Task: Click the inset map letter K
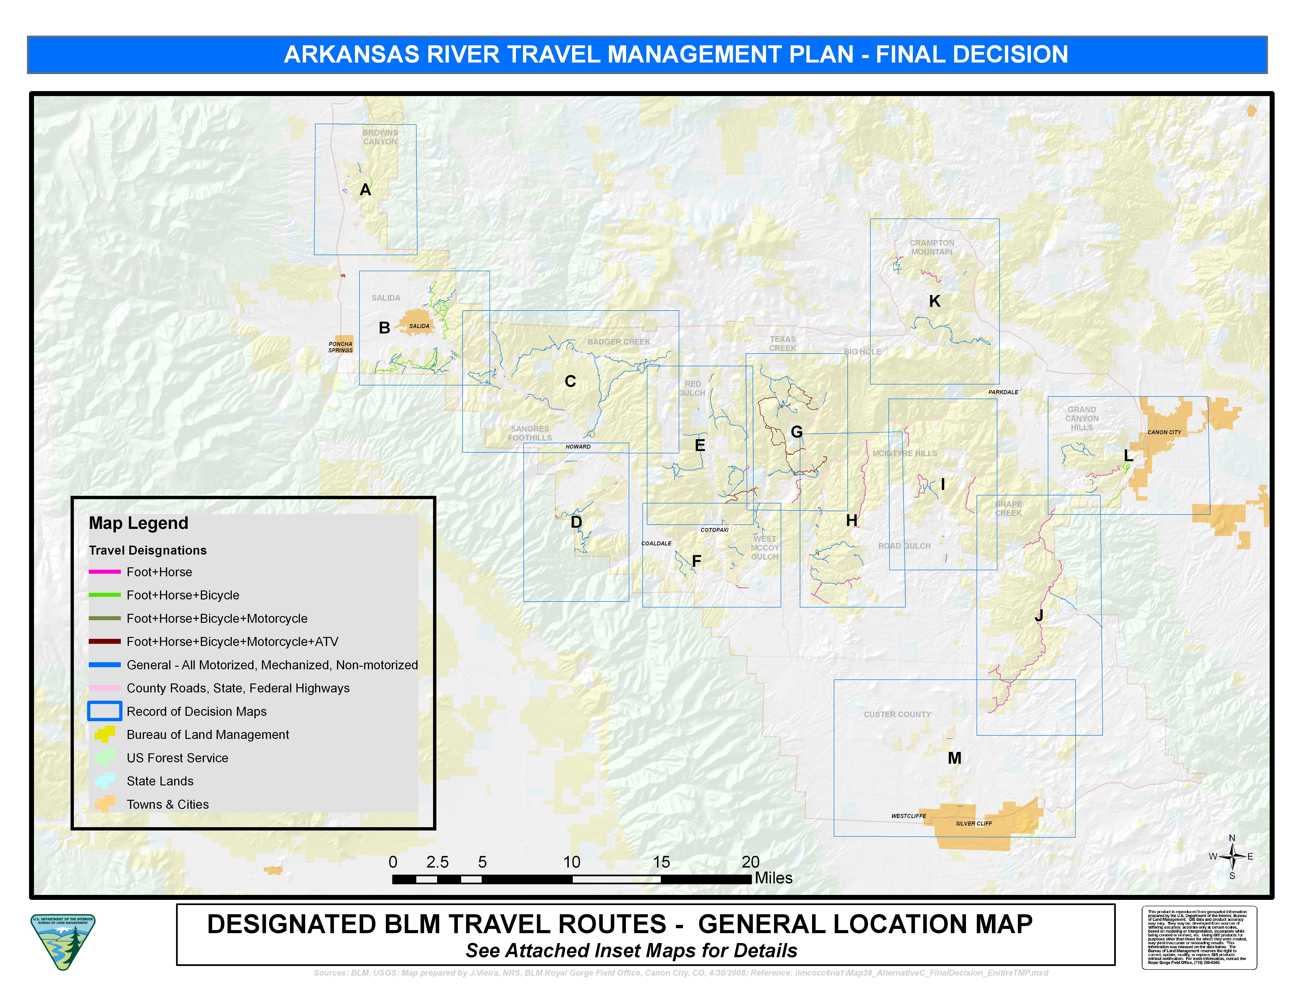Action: pos(934,301)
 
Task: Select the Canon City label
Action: pos(1164,432)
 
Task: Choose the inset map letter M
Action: pos(954,758)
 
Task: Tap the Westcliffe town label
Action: pos(908,816)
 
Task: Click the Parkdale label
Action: pos(1003,392)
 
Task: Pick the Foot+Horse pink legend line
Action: pos(105,572)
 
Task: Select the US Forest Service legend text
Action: pos(177,758)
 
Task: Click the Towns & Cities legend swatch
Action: pos(105,804)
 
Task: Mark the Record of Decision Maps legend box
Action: pos(105,711)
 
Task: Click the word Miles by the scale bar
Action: pos(773,878)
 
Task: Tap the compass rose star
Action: pos(1232,856)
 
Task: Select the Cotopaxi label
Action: pos(714,529)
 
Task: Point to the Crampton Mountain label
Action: pos(931,247)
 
